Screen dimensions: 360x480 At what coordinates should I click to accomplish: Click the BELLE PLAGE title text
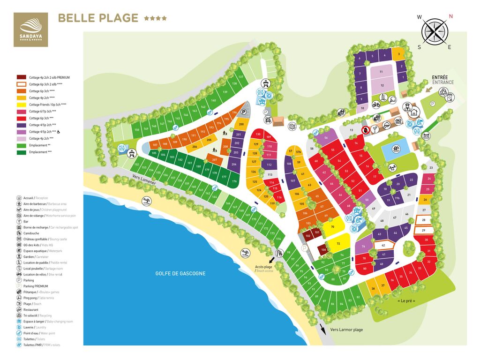97,18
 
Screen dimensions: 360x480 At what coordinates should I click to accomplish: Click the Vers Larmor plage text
346,330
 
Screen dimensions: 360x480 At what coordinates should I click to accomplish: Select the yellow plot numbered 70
332,227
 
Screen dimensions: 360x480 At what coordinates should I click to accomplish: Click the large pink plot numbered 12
382,85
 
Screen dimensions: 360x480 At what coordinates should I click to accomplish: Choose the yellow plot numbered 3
398,54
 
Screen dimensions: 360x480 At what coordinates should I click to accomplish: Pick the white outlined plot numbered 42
383,245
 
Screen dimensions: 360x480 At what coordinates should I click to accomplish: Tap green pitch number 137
240,77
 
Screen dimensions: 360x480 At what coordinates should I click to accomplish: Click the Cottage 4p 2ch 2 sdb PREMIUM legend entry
49,77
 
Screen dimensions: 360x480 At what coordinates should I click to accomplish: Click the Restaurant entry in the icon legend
30,310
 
